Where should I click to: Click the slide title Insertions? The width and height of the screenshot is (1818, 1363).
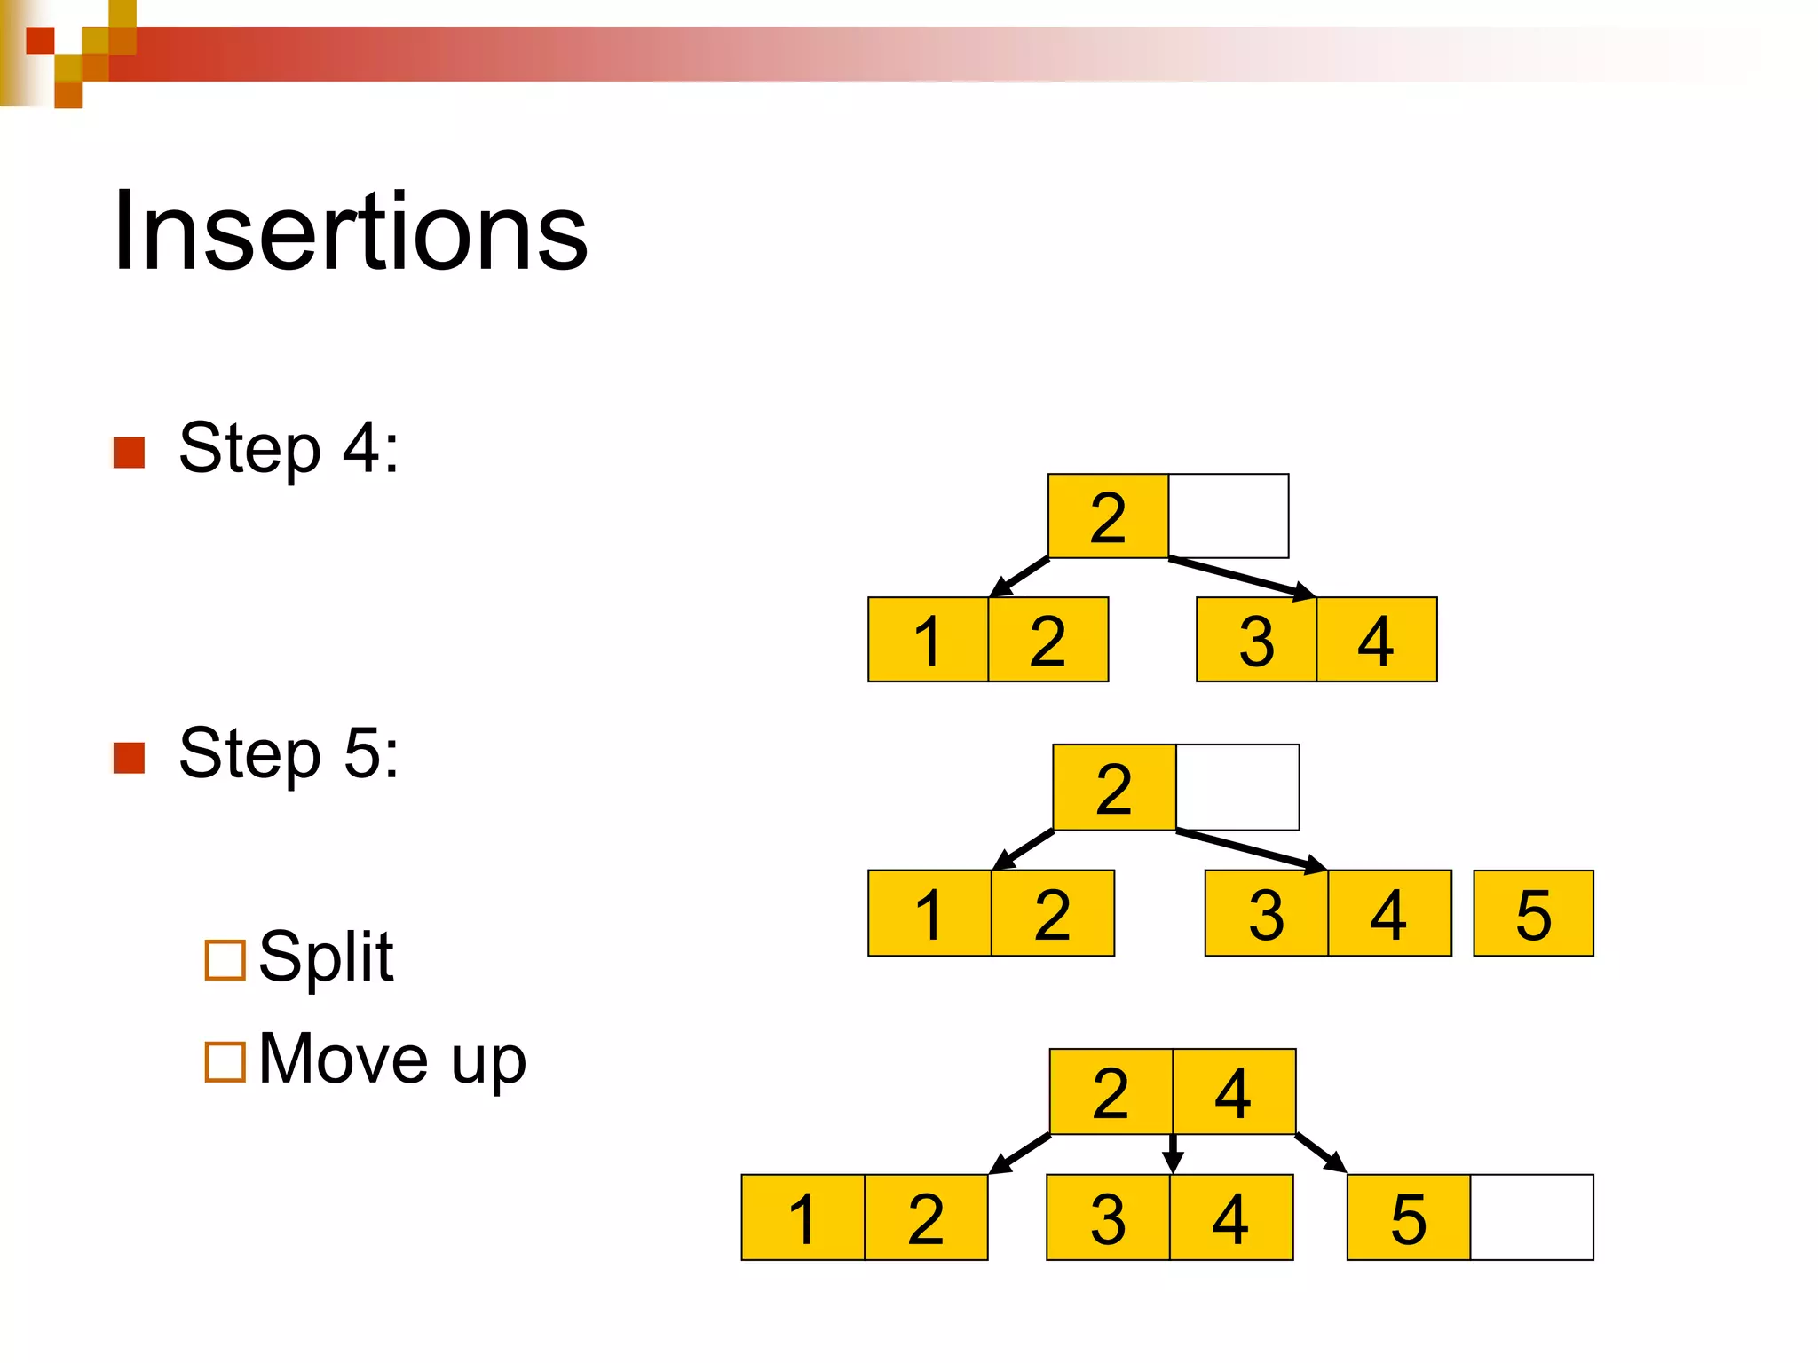tap(351, 232)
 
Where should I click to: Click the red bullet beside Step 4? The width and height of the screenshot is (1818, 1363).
tap(130, 453)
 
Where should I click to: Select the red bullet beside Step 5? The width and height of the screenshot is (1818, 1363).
tap(130, 758)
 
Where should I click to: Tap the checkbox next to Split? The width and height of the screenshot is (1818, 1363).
tap(225, 960)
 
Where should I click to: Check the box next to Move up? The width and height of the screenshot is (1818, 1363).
tap(225, 1061)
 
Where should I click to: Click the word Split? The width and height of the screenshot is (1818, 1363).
tap(326, 958)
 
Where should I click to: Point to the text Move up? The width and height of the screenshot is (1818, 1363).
tap(391, 1060)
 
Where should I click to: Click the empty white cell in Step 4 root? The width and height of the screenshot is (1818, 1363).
tap(1228, 516)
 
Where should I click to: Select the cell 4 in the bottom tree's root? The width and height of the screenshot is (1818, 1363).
tap(1233, 1092)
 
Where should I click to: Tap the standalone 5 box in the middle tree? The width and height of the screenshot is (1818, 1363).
tap(1533, 913)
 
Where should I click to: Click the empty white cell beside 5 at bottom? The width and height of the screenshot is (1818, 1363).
tap(1531, 1217)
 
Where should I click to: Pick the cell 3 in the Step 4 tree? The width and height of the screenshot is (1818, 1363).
tap(1256, 640)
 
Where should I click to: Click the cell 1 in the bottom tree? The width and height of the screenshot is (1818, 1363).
tap(802, 1217)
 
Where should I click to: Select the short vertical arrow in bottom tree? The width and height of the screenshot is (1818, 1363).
tap(1173, 1154)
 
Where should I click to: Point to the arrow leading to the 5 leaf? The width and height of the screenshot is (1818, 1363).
tap(1320, 1153)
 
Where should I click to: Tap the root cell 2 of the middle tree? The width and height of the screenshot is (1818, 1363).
tap(1114, 788)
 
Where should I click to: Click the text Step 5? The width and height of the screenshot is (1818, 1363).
tap(289, 753)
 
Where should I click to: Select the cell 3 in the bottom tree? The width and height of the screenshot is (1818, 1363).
tap(1108, 1217)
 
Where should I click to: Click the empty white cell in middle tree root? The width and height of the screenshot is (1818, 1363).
tap(1237, 788)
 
